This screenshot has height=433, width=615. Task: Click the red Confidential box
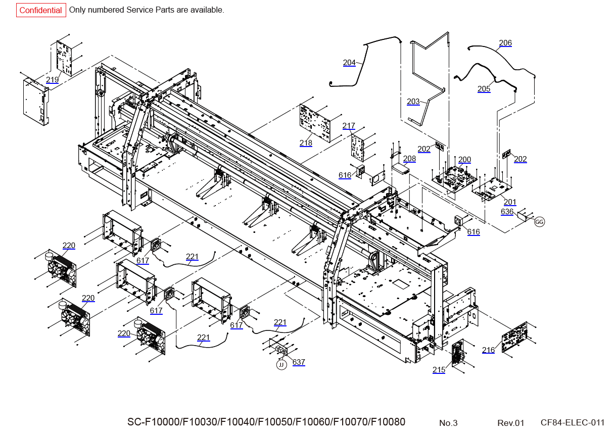pos(41,10)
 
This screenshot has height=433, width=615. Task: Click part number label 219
pos(53,80)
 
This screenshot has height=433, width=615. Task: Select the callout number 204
pos(349,63)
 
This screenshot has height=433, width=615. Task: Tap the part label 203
pos(413,102)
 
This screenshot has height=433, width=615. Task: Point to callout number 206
pos(505,43)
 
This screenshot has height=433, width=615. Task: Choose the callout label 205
pos(484,89)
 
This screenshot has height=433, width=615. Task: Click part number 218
pos(306,143)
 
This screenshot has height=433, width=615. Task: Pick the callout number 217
pos(349,126)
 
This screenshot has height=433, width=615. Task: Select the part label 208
pos(409,159)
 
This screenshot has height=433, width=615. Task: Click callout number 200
pos(464,160)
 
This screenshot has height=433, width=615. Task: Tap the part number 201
pos(510,202)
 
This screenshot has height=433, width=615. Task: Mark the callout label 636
pos(507,212)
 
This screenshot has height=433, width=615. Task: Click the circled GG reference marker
pos(540,222)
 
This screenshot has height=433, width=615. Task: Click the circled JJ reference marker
pos(281,364)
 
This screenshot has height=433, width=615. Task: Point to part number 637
pos(299,362)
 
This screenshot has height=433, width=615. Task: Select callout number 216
pos(488,350)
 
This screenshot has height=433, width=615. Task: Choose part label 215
pos(439,370)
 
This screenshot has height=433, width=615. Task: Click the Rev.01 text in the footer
pos(511,423)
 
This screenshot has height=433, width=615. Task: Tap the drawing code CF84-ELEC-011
pos(572,422)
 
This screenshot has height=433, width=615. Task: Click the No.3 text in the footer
pos(448,423)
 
